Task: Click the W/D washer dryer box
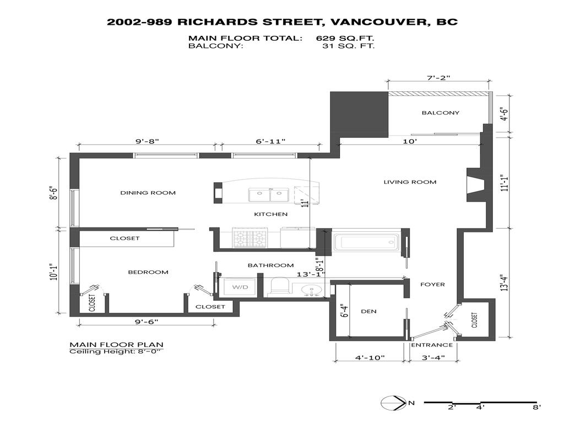[x=240, y=288]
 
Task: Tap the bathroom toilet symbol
[x=281, y=286]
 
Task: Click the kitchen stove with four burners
[x=250, y=238]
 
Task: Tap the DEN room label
[x=368, y=311]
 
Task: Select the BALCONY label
[x=440, y=113]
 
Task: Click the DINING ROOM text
[x=148, y=193]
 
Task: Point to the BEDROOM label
[x=148, y=272]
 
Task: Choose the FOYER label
[x=432, y=284]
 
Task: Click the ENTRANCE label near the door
[x=432, y=345]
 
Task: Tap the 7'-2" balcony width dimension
[x=438, y=78]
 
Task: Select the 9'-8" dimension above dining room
[x=147, y=142]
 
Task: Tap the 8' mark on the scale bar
[x=536, y=408]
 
